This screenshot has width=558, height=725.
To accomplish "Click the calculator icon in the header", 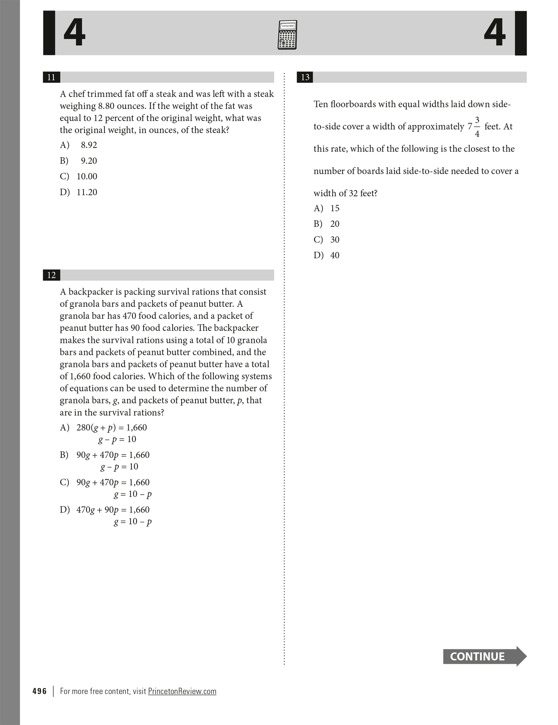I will pyautogui.click(x=287, y=35).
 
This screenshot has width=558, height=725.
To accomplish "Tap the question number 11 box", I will pyautogui.click(x=51, y=77).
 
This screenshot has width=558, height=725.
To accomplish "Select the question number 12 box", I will pyautogui.click(x=51, y=275).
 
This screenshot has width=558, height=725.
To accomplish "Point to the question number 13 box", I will pyautogui.click(x=305, y=77).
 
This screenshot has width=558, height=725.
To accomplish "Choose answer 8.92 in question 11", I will pyautogui.click(x=88, y=145).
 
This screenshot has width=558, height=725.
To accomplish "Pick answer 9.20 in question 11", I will pyautogui.click(x=88, y=161).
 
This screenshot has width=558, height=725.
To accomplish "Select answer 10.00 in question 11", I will pyautogui.click(x=87, y=177).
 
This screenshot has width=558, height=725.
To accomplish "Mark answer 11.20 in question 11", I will pyautogui.click(x=87, y=192).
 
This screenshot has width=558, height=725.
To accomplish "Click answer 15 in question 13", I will pyautogui.click(x=334, y=208).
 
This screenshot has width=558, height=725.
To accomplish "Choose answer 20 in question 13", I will pyautogui.click(x=334, y=224).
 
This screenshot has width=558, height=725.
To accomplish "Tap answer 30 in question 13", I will pyautogui.click(x=334, y=240).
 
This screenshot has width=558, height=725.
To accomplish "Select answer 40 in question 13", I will pyautogui.click(x=334, y=255).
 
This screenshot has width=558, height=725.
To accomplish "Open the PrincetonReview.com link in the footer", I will pyautogui.click(x=182, y=691).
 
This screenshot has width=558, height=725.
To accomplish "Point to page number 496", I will pyautogui.click(x=39, y=691).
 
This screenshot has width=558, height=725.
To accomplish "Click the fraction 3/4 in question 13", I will pyautogui.click(x=477, y=127).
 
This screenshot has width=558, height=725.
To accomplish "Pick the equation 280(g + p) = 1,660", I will pyautogui.click(x=112, y=428).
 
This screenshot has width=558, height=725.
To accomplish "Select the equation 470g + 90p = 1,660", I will pyautogui.click(x=113, y=510).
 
